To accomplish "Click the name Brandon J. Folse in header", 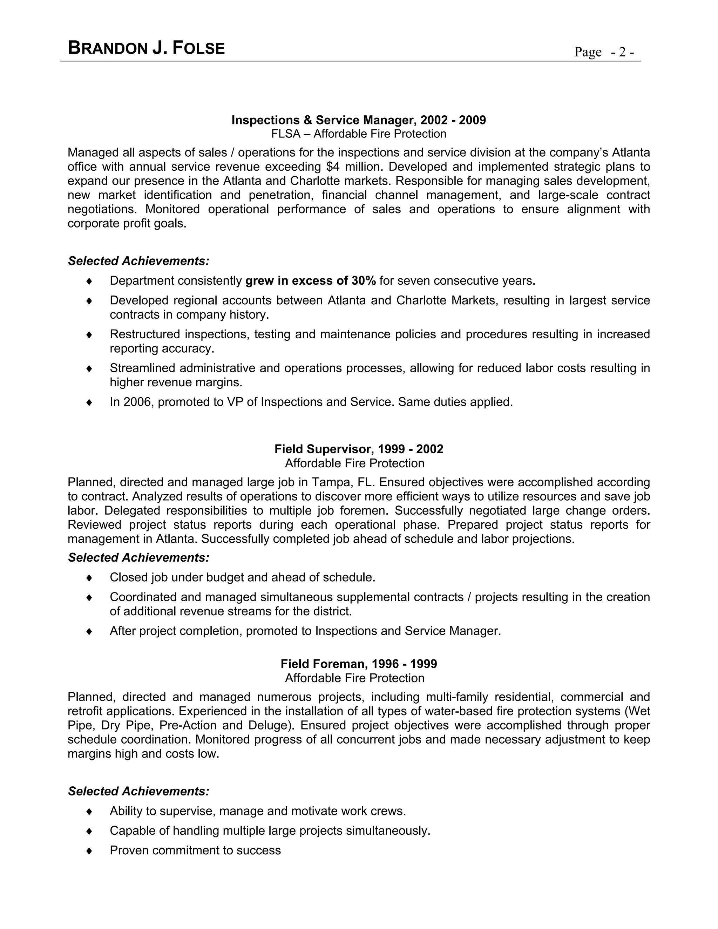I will (146, 48).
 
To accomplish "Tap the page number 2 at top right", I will (622, 52).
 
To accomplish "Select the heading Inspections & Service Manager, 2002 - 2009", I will (359, 120).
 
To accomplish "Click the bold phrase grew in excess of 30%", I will (311, 281).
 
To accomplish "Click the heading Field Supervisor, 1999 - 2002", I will (359, 449).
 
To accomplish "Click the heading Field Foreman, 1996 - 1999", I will (359, 664).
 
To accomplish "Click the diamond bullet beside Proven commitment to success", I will (89, 850).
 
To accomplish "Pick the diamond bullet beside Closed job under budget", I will (89, 577).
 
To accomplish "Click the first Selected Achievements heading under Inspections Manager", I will (139, 261).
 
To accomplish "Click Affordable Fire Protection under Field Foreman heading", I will (354, 678).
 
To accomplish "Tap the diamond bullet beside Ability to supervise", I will (89, 811).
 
